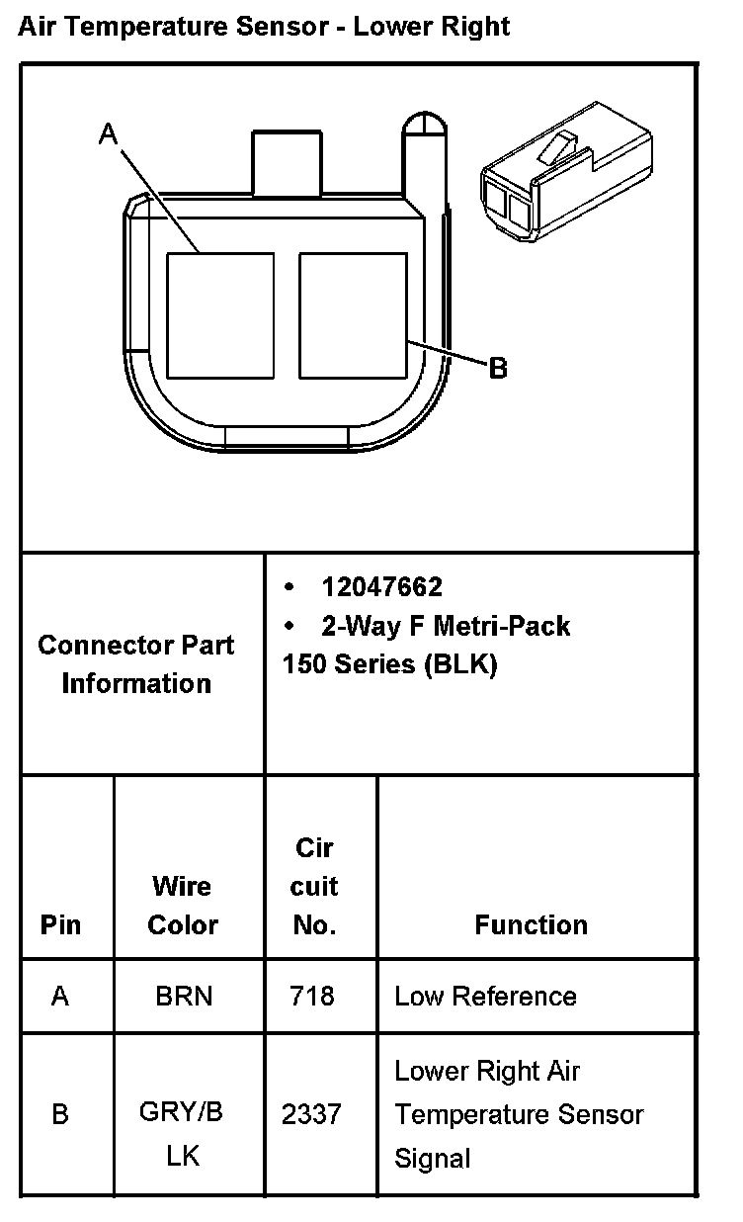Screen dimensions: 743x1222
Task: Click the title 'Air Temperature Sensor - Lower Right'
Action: coord(264,26)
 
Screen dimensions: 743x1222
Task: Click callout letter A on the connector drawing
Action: coord(108,134)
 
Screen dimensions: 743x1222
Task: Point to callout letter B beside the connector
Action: coord(498,369)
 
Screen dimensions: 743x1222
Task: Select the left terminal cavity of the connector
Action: coord(219,315)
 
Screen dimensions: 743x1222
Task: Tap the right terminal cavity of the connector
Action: coord(353,315)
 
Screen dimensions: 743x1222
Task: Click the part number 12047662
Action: coord(381,587)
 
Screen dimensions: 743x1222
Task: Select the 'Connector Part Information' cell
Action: coord(136,663)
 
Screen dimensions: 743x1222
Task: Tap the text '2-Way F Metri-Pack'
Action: coord(446,626)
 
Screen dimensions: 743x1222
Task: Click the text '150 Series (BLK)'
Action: coord(389,664)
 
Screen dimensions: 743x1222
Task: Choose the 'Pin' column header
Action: coord(61,925)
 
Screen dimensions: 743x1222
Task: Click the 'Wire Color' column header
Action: coord(183,905)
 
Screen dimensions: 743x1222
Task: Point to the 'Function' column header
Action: coord(531,925)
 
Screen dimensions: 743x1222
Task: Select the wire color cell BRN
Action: coord(184,996)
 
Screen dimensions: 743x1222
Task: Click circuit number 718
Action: coord(311,996)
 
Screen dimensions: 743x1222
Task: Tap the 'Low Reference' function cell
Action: coord(485,996)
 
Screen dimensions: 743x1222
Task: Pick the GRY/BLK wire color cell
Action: coord(182,1133)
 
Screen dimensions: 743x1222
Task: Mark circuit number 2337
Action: coord(311,1114)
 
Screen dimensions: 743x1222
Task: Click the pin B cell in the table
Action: coord(60,1114)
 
